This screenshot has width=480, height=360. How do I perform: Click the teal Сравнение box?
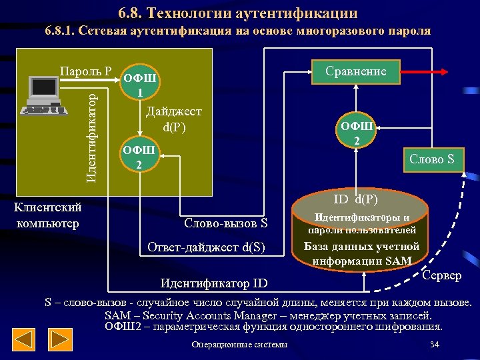355,71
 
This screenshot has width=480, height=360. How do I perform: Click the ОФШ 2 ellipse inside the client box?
139,157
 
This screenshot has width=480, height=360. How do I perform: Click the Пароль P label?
85,71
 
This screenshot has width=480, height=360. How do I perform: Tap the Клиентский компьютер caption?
47,215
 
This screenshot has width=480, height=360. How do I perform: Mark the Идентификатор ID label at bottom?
214,284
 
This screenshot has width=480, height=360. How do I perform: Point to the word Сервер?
441,275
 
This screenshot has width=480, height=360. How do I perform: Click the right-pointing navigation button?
62,341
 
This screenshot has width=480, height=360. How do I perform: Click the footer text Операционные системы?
239,345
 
